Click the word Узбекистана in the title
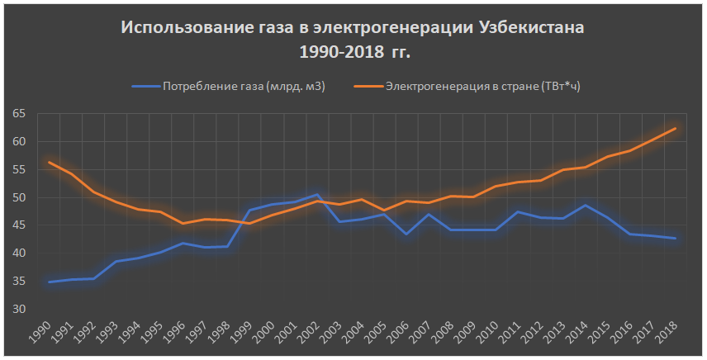coord(531,27)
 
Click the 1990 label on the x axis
coord(46,336)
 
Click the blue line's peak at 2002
coord(317,195)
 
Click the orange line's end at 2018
coord(675,128)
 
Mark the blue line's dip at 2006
coord(406,234)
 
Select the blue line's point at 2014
coord(586,205)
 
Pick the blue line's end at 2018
coord(675,239)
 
